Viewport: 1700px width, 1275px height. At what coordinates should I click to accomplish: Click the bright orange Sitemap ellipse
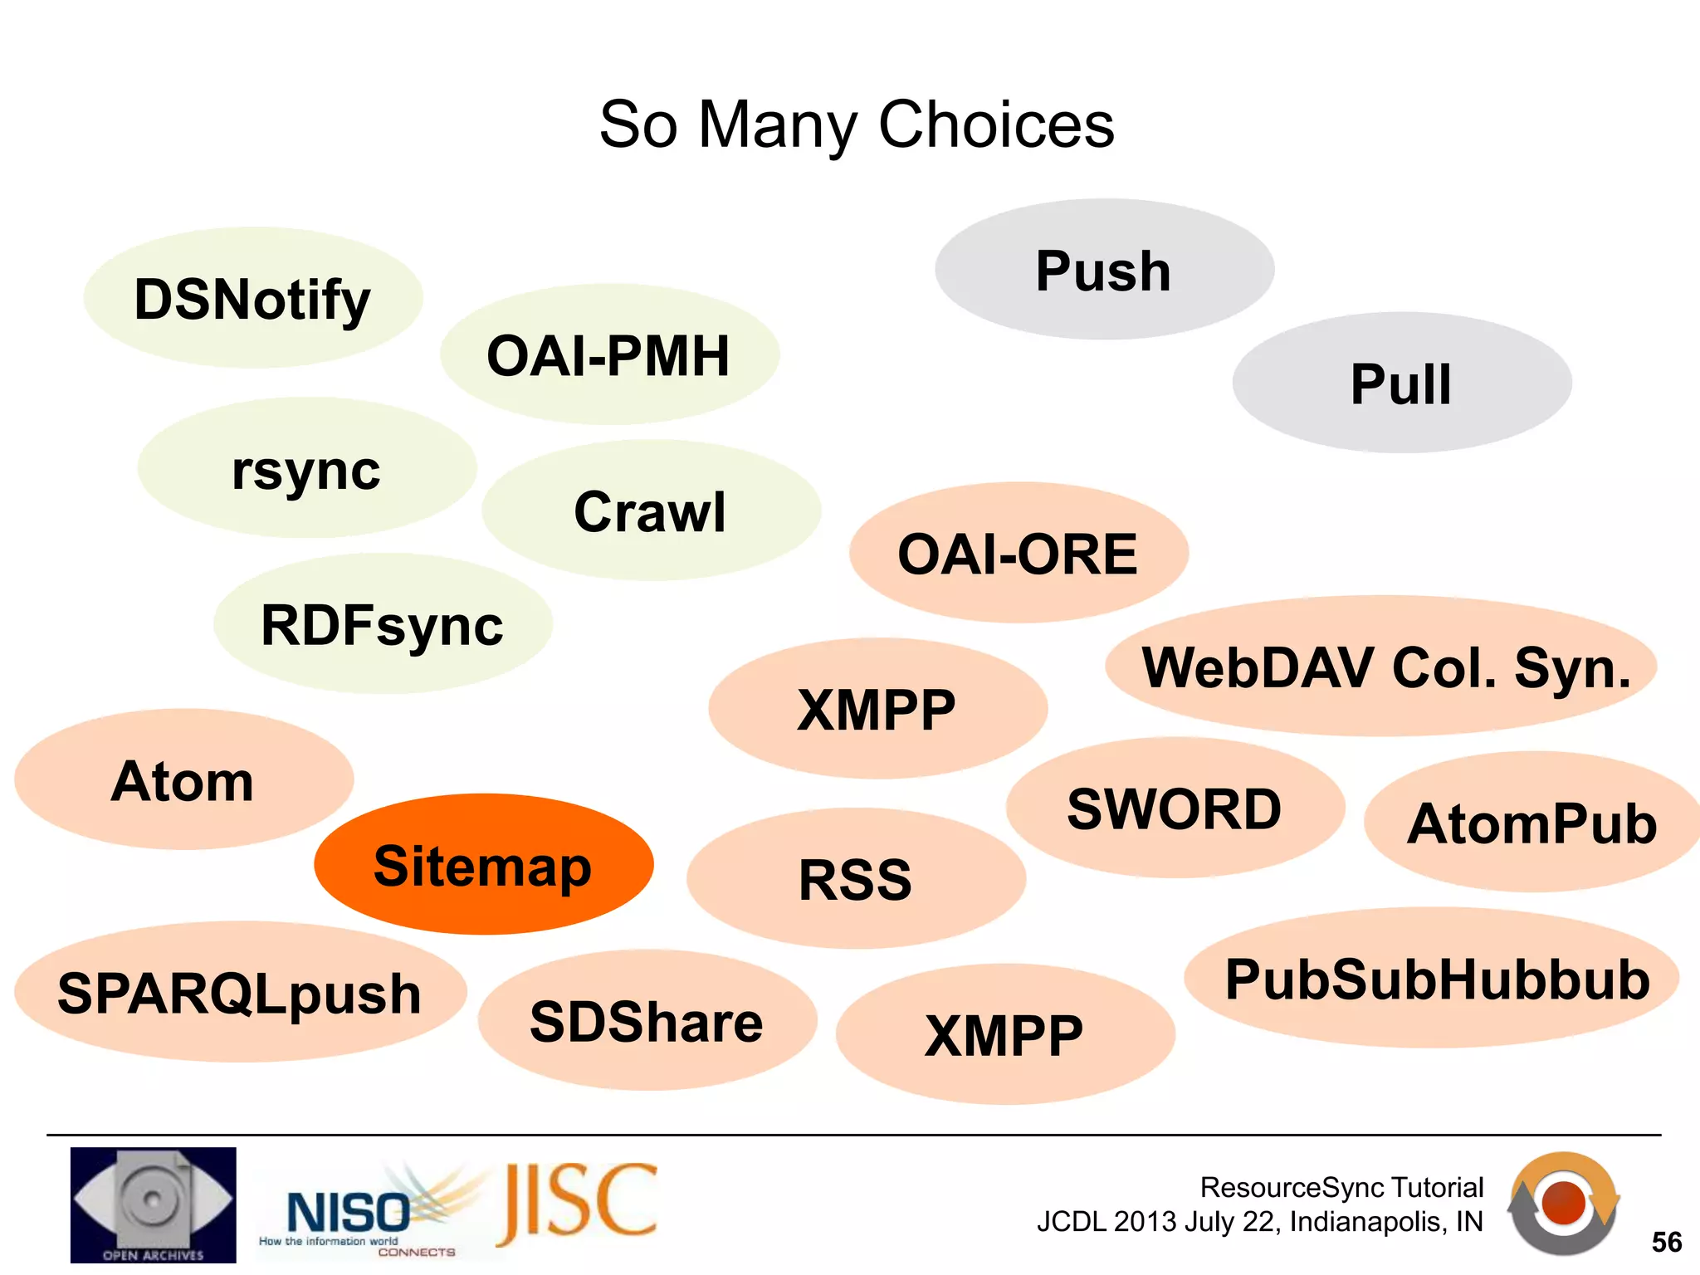click(483, 865)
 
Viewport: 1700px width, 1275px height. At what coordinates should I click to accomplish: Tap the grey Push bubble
click(1104, 270)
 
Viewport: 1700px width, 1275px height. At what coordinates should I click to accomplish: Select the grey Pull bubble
click(1401, 383)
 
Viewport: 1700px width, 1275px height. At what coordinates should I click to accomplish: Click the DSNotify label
click(252, 299)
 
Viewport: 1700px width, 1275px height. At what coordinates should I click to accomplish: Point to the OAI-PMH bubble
click(608, 355)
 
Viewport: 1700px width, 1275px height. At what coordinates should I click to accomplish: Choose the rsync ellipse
click(306, 469)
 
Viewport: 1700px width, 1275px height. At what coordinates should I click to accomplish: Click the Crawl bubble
click(651, 511)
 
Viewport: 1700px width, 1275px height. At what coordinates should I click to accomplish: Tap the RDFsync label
click(383, 624)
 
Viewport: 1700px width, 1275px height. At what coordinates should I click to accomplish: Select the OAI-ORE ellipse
click(1018, 554)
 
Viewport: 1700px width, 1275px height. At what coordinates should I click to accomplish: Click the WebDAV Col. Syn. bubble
click(1385, 667)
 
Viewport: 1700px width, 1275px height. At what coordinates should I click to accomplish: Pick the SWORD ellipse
click(1175, 808)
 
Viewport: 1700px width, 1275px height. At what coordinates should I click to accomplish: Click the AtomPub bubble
click(1532, 823)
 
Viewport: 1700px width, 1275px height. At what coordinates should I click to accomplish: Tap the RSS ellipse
click(856, 879)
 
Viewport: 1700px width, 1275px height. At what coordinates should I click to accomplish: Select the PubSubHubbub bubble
click(1436, 979)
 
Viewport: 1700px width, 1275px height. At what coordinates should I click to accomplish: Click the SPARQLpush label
click(239, 993)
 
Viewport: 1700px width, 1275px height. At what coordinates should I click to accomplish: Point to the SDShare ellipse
click(647, 1021)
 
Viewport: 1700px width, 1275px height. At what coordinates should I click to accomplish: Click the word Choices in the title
click(996, 125)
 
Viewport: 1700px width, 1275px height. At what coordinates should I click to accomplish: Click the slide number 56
click(1666, 1242)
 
